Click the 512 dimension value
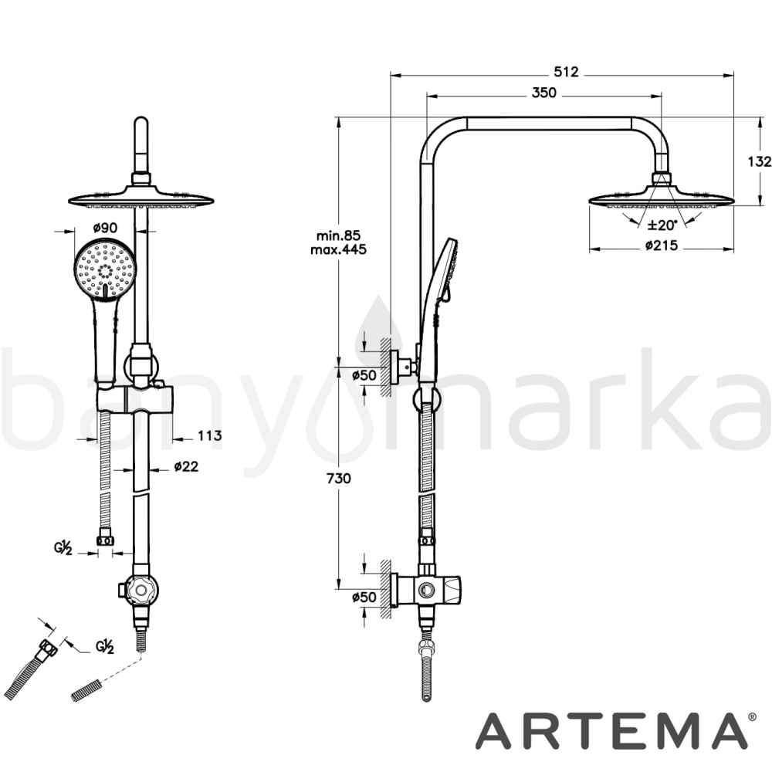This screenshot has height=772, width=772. [x=566, y=72]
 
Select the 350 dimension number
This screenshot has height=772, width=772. [x=543, y=93]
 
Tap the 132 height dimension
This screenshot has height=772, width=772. [x=759, y=161]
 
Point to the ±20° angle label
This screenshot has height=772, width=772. [x=662, y=225]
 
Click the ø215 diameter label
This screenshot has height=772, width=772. [x=662, y=245]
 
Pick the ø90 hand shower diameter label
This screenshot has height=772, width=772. [x=105, y=228]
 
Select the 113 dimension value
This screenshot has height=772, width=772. [x=210, y=435]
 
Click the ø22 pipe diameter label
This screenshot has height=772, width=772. [x=186, y=466]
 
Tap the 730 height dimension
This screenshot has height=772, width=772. [x=338, y=478]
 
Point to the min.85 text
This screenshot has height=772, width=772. [x=338, y=235]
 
